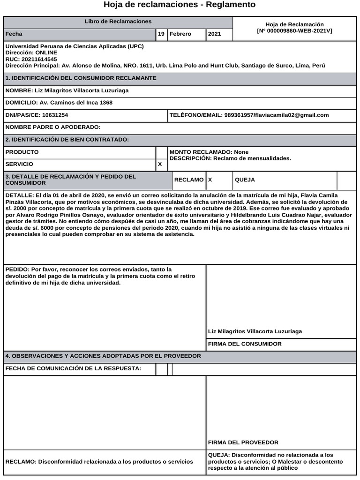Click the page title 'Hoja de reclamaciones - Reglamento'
click(x=180, y=5)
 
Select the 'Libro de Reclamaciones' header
click(x=118, y=22)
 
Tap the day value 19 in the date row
click(x=161, y=34)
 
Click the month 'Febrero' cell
click(x=180, y=34)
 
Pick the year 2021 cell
click(x=214, y=34)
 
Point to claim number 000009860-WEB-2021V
click(x=294, y=31)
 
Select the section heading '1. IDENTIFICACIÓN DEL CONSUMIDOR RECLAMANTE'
click(x=81, y=78)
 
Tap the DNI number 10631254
click(x=55, y=115)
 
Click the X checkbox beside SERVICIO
click(x=160, y=165)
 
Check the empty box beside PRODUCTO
click(x=161, y=152)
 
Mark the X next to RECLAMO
click(x=210, y=180)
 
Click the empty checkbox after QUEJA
click(x=346, y=180)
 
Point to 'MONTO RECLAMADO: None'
click(x=209, y=152)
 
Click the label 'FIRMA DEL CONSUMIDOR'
click(x=245, y=344)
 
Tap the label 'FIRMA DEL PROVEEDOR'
click(x=243, y=442)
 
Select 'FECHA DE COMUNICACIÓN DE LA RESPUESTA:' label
click(x=73, y=369)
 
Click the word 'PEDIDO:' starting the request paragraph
click(x=17, y=270)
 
